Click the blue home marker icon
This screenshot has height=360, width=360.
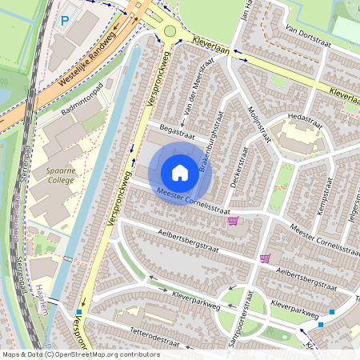point(180,173)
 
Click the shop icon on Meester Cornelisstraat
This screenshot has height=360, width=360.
point(233,220)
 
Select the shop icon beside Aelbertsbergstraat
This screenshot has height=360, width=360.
point(265,258)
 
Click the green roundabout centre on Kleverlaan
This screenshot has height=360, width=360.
point(169,31)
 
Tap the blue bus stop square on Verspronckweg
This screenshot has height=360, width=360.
point(79,312)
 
